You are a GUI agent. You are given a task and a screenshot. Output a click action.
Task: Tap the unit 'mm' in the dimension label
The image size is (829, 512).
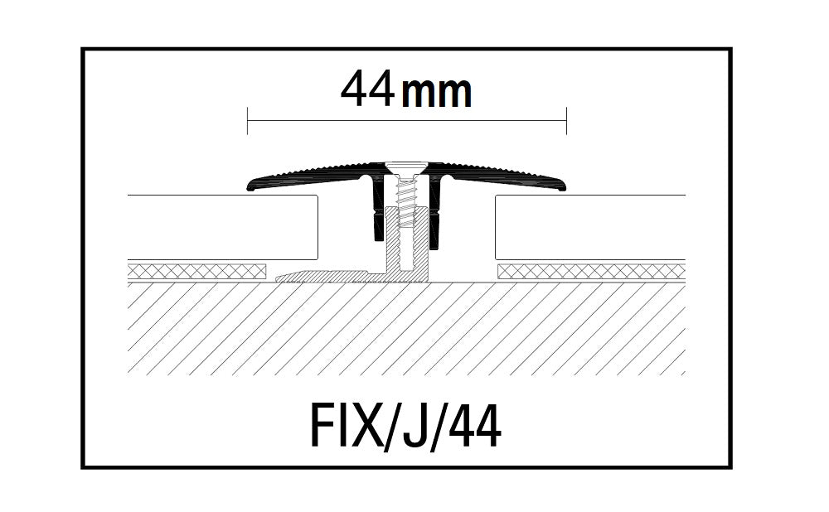click(x=437, y=93)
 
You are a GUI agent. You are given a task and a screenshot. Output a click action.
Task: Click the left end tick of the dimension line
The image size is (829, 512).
click(x=248, y=121)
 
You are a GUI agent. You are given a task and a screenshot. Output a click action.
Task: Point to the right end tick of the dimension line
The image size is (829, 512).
click(x=566, y=121)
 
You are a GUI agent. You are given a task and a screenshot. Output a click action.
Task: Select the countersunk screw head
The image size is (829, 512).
click(x=405, y=168)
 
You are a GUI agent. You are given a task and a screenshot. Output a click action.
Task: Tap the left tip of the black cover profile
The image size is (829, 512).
click(x=251, y=186)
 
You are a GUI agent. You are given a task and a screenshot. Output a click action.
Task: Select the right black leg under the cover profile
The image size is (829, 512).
click(x=434, y=211)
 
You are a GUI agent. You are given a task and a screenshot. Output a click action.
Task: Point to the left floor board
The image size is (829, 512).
click(x=224, y=228)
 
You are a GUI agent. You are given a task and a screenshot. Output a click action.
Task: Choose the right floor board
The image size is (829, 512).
click(x=589, y=228)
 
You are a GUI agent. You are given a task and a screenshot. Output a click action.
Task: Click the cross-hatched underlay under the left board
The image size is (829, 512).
click(x=197, y=271)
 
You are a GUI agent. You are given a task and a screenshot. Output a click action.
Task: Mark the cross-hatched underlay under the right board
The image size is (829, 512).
click(x=590, y=271)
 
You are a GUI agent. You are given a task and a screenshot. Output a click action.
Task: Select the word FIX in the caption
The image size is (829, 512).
click(x=339, y=427)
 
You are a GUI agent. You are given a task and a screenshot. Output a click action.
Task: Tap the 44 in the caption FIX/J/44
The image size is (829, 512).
click(x=476, y=427)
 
